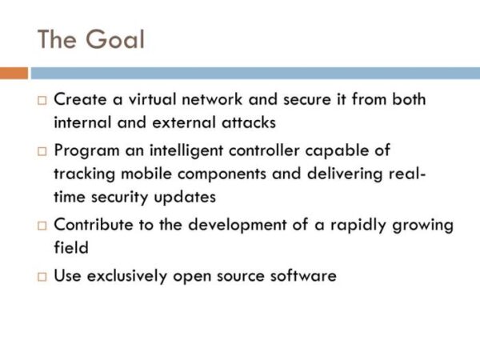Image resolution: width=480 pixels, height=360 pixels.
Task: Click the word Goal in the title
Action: pos(114,39)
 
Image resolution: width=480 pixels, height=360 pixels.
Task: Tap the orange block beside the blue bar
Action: pos(14,73)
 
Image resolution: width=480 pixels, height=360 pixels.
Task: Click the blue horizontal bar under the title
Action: pos(255,73)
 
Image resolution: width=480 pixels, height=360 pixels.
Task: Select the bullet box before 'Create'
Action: pos(42,101)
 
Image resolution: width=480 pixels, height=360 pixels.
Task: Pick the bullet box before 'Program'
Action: pos(42,151)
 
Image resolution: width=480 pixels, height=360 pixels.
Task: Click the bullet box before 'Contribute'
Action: pos(42,226)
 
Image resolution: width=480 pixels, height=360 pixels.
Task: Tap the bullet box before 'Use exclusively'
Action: pos(42,277)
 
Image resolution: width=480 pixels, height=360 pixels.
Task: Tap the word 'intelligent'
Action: pos(186,151)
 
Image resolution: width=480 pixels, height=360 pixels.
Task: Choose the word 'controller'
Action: pos(264,150)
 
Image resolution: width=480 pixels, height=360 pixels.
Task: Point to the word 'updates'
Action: pos(185,198)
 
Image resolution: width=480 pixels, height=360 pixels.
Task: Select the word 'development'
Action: pos(238,226)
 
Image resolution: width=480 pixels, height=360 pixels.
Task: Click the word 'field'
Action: pos(71,247)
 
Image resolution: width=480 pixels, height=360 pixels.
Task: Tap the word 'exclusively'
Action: pos(127,276)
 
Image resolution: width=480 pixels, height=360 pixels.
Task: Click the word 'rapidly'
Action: pos(358,226)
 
